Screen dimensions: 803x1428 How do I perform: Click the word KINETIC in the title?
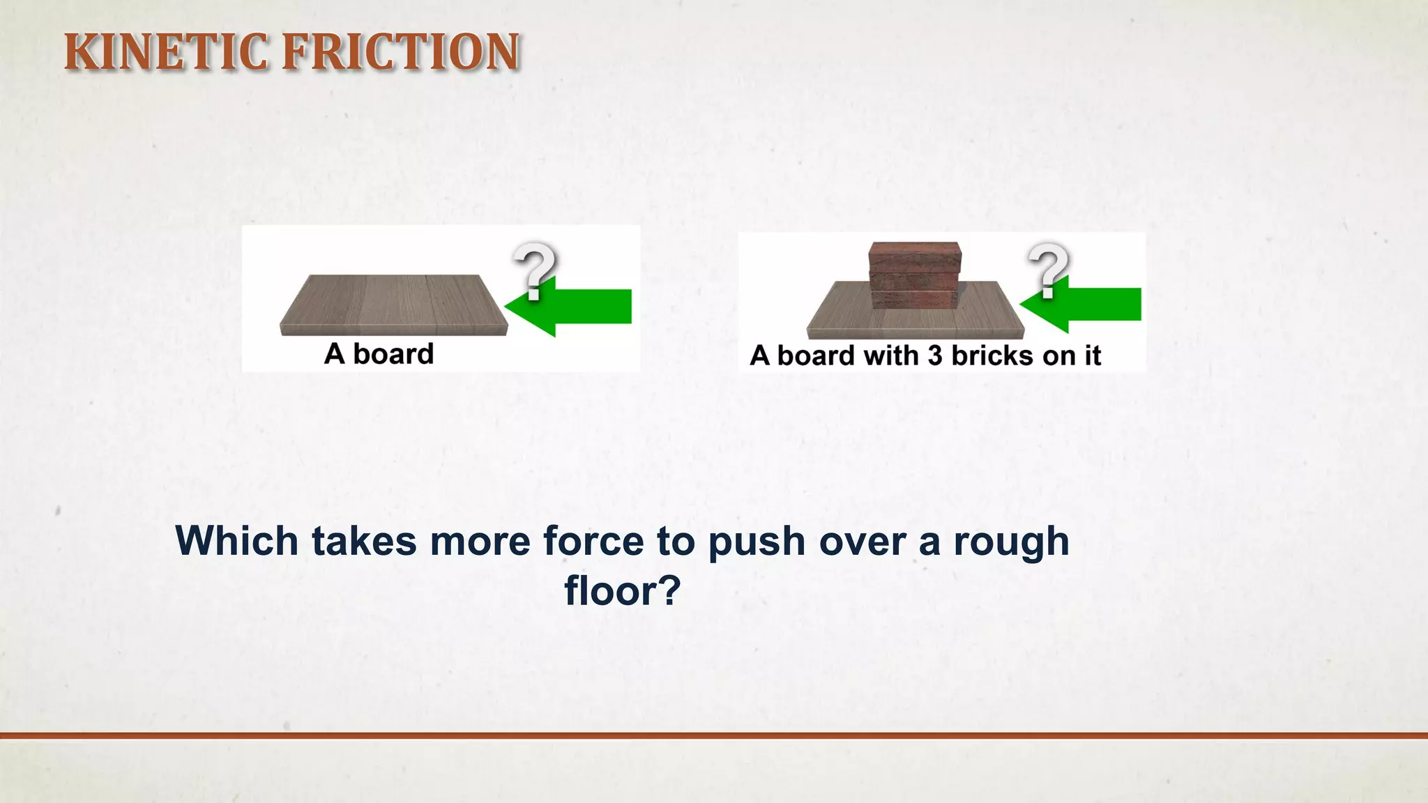click(165, 52)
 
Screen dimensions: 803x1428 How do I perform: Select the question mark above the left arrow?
click(535, 270)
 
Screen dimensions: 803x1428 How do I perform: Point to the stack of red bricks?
click(915, 275)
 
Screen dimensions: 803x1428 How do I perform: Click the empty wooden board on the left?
click(394, 305)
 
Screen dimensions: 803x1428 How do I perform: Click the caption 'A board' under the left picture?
click(379, 354)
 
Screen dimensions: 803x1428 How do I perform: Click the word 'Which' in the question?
click(237, 541)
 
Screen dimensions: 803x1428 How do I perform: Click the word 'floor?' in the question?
click(622, 591)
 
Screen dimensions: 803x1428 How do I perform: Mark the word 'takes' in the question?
click(364, 541)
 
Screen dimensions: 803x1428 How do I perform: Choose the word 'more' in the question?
click(480, 541)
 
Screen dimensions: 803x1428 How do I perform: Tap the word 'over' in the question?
click(863, 541)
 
